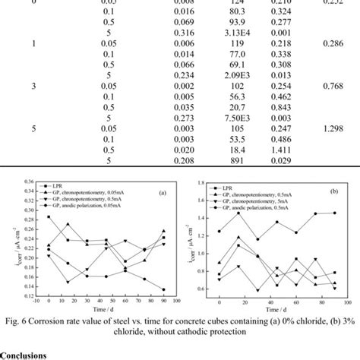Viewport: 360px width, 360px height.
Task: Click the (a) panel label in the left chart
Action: point(161,192)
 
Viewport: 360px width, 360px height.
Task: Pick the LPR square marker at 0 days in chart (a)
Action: point(49,217)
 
